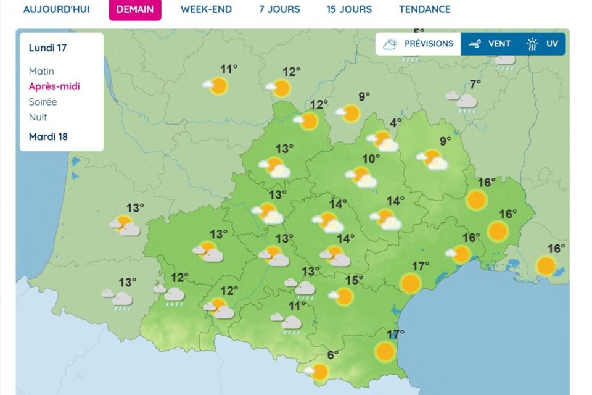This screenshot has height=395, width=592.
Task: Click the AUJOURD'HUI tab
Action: pos(56,9)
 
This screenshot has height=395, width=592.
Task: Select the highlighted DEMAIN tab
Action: pos(135,9)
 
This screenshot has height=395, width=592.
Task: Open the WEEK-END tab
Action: pos(206,9)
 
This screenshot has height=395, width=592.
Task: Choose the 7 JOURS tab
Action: pos(279,9)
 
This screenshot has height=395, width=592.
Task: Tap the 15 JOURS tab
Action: pos(349,9)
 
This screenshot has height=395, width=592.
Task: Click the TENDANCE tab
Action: pos(424,9)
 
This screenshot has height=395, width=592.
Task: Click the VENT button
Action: pos(490,44)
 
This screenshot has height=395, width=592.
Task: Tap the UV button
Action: pos(543,44)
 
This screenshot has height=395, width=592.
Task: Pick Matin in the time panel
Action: pos(41,71)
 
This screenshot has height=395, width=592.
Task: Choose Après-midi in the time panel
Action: pos(54,86)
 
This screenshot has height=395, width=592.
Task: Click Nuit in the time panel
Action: pos(38,117)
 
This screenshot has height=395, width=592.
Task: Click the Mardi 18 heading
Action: pos(48,136)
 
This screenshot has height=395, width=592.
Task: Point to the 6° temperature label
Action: pos(333,355)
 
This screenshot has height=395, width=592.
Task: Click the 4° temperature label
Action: pos(395,122)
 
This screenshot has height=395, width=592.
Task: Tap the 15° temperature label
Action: pos(354,280)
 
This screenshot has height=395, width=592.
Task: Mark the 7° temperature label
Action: pos(475,85)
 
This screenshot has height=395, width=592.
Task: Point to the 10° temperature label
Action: pos(371,159)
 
